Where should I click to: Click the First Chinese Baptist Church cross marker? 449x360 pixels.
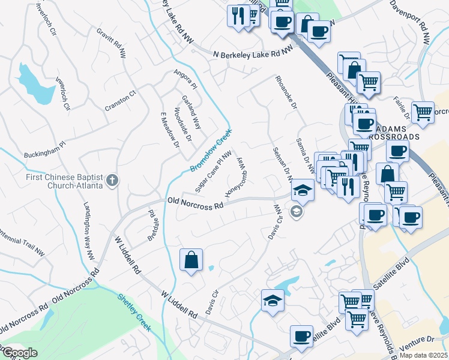(x=112, y=180)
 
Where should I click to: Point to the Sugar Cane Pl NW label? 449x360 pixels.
(x=209, y=167)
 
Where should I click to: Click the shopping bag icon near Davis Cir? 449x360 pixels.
(x=191, y=260)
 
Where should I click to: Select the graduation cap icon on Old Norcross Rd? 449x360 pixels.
(x=303, y=191)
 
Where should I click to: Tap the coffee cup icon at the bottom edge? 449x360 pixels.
(x=301, y=337)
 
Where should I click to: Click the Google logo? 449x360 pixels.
(x=20, y=353)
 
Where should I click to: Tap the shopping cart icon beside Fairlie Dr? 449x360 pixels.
(x=423, y=112)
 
